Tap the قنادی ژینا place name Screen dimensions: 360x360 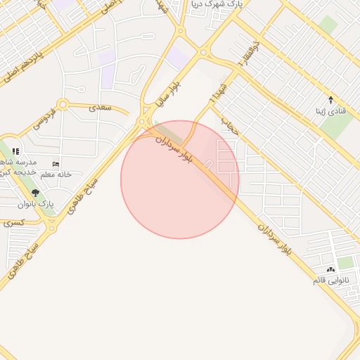tap(330, 112)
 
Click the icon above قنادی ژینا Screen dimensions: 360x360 tap(330, 100)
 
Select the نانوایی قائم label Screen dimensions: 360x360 tap(332, 281)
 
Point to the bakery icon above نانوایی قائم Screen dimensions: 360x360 tap(330, 270)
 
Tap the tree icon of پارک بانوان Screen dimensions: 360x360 tap(36, 193)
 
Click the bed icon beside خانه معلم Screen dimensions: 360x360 tap(56, 164)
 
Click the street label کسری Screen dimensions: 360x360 tap(13, 222)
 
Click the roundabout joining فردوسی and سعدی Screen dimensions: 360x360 tap(63, 105)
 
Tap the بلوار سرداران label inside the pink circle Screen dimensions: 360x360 tap(174, 150)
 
